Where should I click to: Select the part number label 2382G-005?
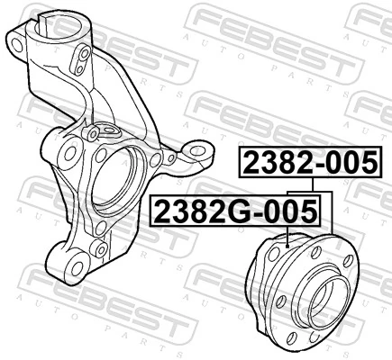[236, 211]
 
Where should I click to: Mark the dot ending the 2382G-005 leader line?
[286, 244]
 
